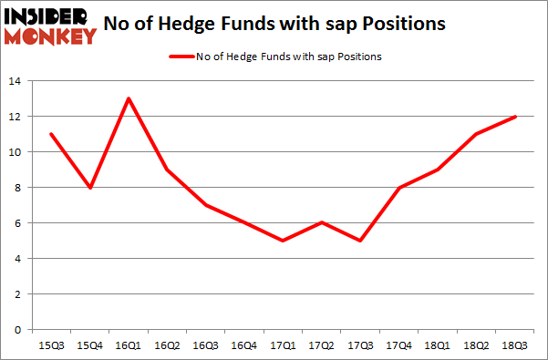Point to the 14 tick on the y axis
[x=16, y=82]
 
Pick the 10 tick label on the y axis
[x=16, y=153]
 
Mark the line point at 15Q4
[x=90, y=188]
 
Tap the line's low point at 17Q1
[x=283, y=241]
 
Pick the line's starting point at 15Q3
[x=52, y=134]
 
